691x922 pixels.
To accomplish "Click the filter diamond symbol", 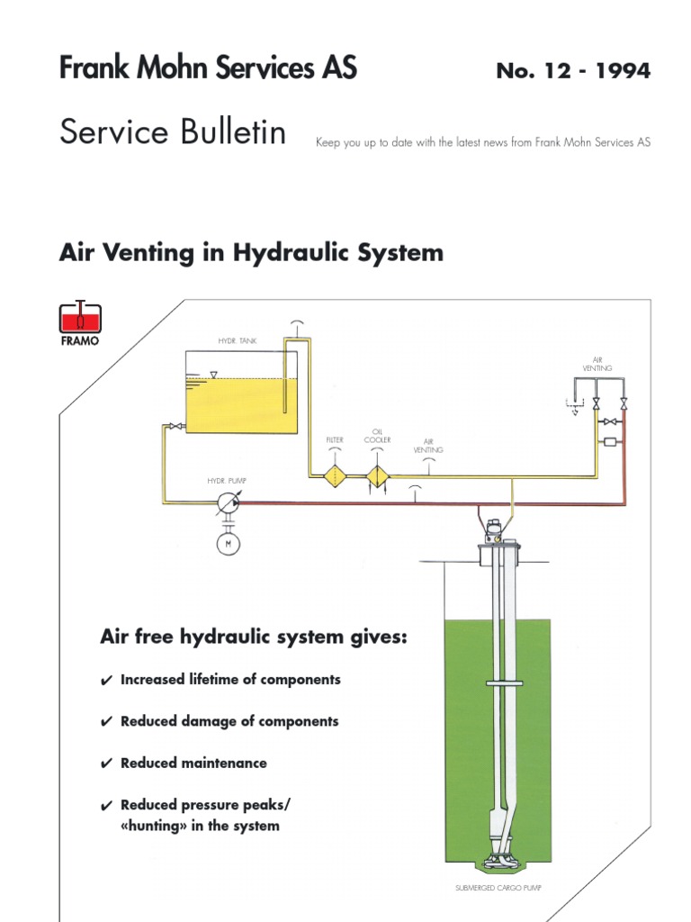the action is (335, 476).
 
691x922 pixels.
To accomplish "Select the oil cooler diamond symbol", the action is (377, 476).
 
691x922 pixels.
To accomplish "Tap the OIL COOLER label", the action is (377, 436).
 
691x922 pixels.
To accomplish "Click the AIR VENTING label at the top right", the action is (597, 365).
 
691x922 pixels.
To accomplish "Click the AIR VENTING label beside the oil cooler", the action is (428, 445).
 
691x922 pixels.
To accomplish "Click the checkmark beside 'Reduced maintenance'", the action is (106, 764).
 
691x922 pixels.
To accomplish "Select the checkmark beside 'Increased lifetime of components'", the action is (106, 682).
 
